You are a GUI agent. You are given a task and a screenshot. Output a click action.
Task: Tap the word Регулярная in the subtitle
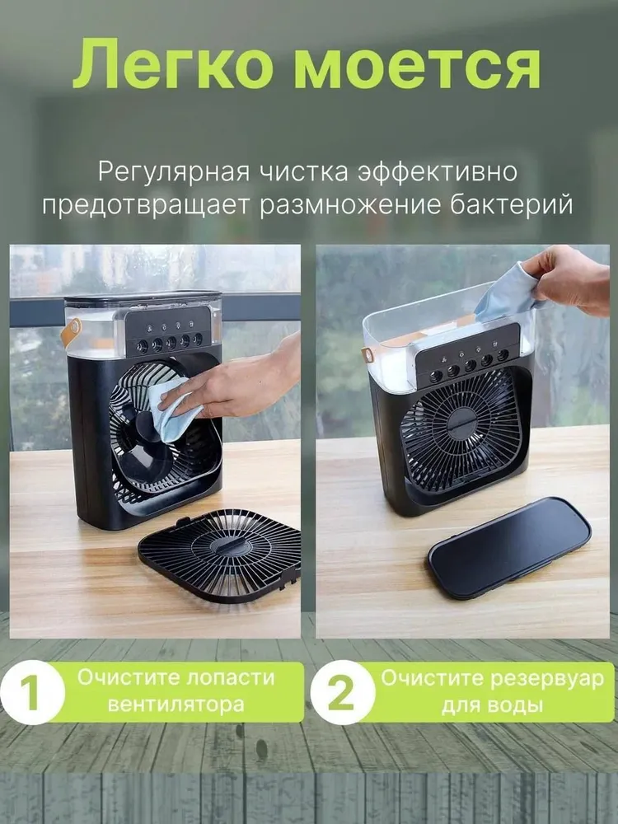[x=173, y=173]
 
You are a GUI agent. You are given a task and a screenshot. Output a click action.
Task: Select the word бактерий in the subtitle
[x=511, y=205]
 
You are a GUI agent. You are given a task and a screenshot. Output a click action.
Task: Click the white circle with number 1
[x=32, y=692]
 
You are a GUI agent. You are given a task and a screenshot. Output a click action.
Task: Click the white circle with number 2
[x=342, y=692]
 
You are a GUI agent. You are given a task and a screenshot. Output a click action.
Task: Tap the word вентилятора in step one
[x=176, y=705]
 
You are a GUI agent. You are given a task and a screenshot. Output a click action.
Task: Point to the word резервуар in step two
[x=548, y=678]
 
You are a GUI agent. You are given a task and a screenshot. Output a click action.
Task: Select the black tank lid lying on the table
[x=509, y=548]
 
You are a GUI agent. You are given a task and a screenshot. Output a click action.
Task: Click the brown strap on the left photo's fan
[x=70, y=331]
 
